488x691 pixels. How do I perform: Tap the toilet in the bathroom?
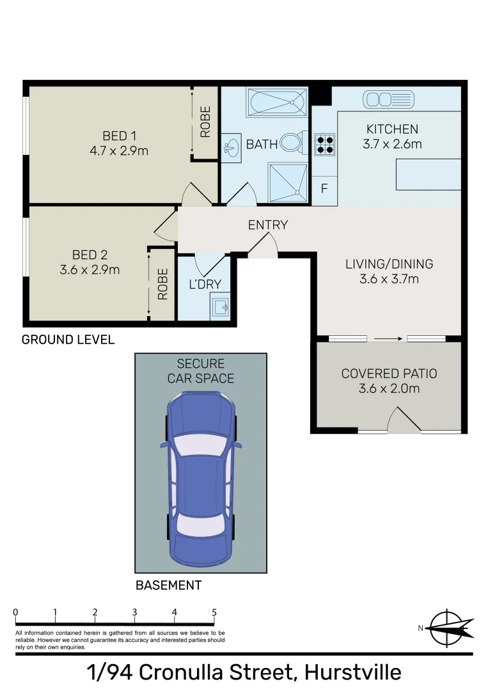[x=293, y=143]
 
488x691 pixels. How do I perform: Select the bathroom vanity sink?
[x=230, y=147]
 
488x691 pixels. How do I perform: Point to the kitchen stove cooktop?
[x=324, y=144]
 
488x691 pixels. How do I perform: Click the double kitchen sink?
[x=388, y=99]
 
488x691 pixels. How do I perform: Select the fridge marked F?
[x=324, y=189]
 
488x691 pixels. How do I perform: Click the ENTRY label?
[x=268, y=225]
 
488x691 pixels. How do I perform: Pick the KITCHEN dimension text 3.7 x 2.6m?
[x=392, y=144]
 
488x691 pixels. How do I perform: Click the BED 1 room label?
[x=120, y=136]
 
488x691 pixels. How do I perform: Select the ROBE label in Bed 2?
[x=162, y=284]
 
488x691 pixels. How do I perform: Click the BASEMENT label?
[x=168, y=585]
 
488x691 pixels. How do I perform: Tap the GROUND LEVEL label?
[x=68, y=340]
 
